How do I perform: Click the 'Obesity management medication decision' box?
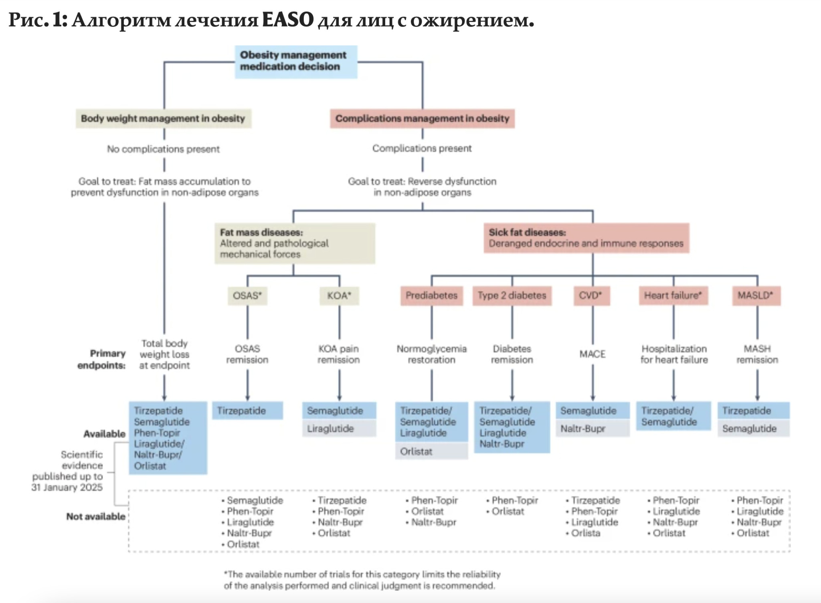(296, 61)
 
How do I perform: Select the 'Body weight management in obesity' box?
(163, 119)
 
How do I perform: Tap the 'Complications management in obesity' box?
(422, 119)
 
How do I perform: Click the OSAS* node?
(247, 296)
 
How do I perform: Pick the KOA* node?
(339, 296)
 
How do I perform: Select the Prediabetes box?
(431, 296)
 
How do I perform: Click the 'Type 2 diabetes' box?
(512, 296)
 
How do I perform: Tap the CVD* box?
(591, 296)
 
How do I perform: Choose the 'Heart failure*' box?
(673, 296)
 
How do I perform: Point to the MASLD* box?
(756, 296)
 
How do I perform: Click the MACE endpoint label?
(592, 354)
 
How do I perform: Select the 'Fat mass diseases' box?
(295, 243)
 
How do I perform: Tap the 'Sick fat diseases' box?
(586, 238)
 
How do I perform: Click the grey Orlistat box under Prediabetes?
(431, 451)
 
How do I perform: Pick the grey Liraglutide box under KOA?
(339, 429)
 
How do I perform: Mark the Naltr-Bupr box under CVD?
(592, 429)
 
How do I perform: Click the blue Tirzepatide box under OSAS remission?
(247, 411)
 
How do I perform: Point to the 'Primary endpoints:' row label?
(102, 359)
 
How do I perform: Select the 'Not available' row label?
(96, 516)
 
